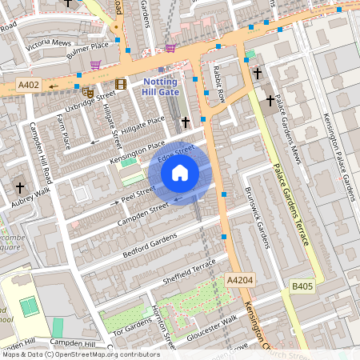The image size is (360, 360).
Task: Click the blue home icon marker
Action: pos(180,172)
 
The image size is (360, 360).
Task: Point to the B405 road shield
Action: pos(302,286)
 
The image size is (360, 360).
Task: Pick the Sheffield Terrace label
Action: pos(190,270)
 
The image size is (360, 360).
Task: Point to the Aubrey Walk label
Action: pos(30,198)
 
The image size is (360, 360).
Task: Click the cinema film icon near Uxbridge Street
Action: pos(121,84)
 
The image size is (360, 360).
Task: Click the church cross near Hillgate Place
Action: pos(186,122)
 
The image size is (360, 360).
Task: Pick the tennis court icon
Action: pos(29,305)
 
